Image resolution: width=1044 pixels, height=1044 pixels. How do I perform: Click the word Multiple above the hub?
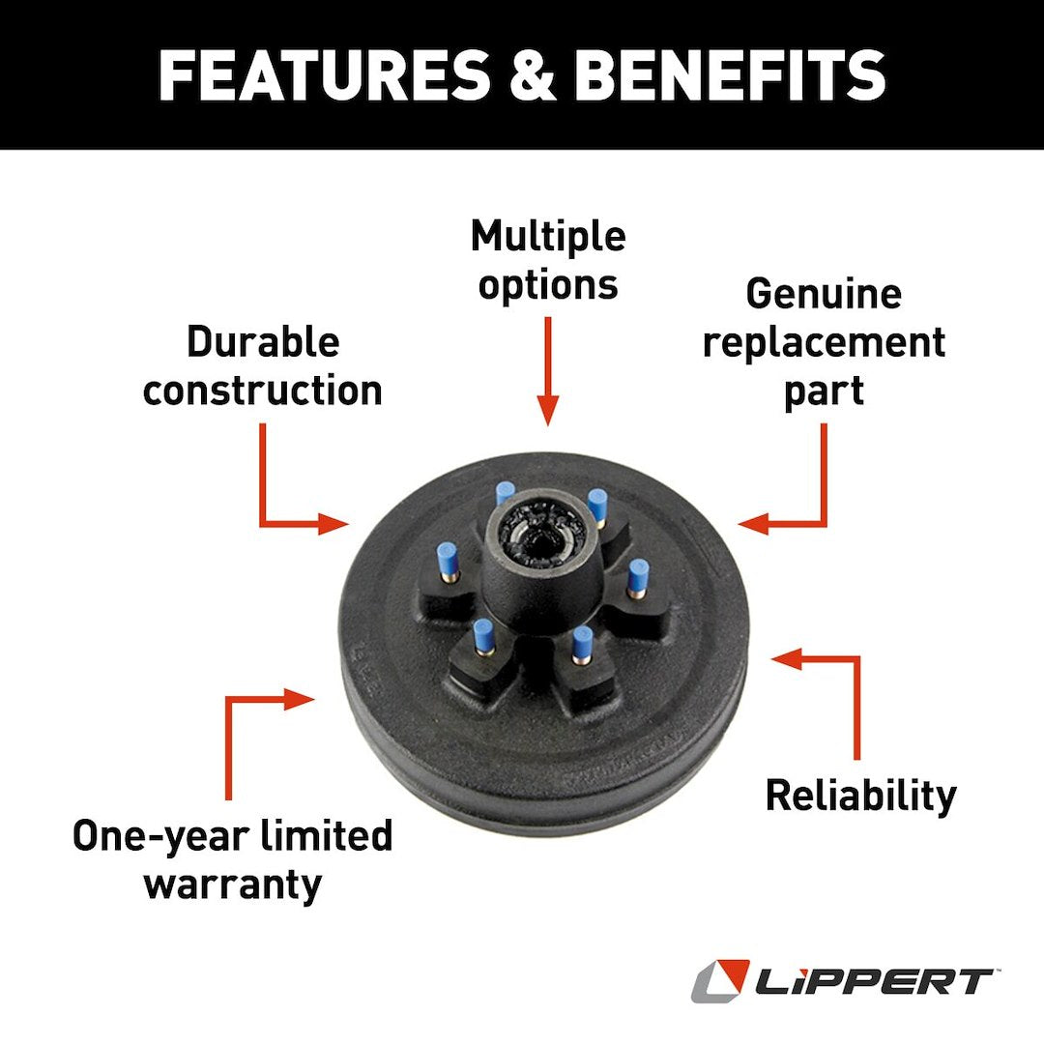tap(548, 237)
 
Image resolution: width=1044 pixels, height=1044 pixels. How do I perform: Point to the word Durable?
tap(263, 342)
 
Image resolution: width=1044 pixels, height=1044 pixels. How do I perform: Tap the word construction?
tap(263, 391)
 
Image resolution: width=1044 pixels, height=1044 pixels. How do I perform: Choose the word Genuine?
tap(824, 295)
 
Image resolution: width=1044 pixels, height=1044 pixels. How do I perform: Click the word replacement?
tap(824, 342)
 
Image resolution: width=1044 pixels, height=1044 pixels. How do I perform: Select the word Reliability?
tap(860, 796)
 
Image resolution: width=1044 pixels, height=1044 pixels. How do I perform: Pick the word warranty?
tap(233, 883)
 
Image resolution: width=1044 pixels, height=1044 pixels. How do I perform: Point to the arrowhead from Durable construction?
tap(333, 525)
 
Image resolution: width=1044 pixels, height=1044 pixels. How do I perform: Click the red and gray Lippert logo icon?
tap(719, 981)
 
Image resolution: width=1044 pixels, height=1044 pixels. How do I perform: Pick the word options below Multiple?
tap(548, 285)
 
